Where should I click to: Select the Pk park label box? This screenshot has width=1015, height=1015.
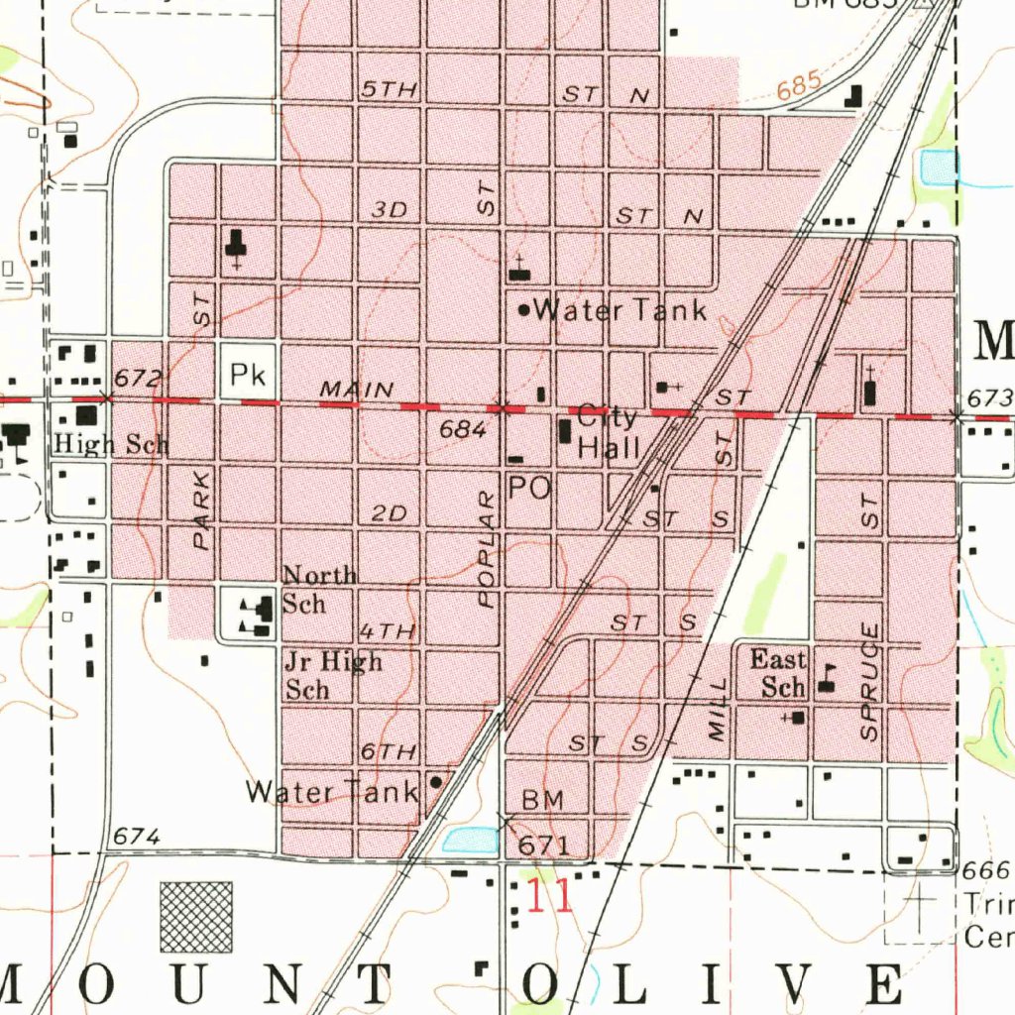244,374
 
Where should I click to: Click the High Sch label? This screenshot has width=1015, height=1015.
111,444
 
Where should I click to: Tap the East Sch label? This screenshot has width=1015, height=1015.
778,673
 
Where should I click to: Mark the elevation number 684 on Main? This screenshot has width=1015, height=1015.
465,430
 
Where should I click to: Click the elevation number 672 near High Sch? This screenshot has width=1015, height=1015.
136,378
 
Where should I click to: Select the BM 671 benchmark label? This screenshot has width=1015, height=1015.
542,823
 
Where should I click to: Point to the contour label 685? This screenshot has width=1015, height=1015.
799,87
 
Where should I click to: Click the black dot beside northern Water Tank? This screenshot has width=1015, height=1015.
524,310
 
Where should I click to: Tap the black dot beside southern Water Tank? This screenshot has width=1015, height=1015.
435,781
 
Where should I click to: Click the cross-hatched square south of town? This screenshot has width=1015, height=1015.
196,916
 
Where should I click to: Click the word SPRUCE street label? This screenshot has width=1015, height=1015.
869,682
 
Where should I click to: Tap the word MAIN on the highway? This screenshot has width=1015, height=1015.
356,391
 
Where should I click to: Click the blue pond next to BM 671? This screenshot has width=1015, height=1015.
470,841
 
